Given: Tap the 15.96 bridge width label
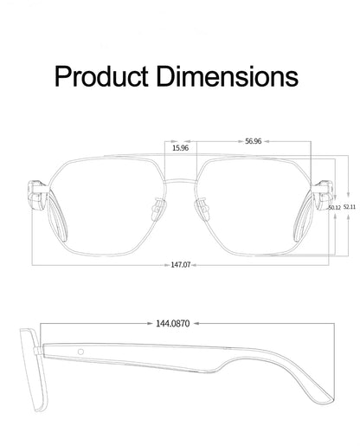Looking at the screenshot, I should point(180,148).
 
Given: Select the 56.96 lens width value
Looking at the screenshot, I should point(254,140).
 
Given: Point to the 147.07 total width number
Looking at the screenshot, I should point(180,265).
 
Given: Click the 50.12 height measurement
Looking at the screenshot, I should point(334,208).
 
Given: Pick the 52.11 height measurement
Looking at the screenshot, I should point(348,208).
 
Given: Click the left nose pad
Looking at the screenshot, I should point(158,208).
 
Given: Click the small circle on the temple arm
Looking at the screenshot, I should point(80,353).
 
